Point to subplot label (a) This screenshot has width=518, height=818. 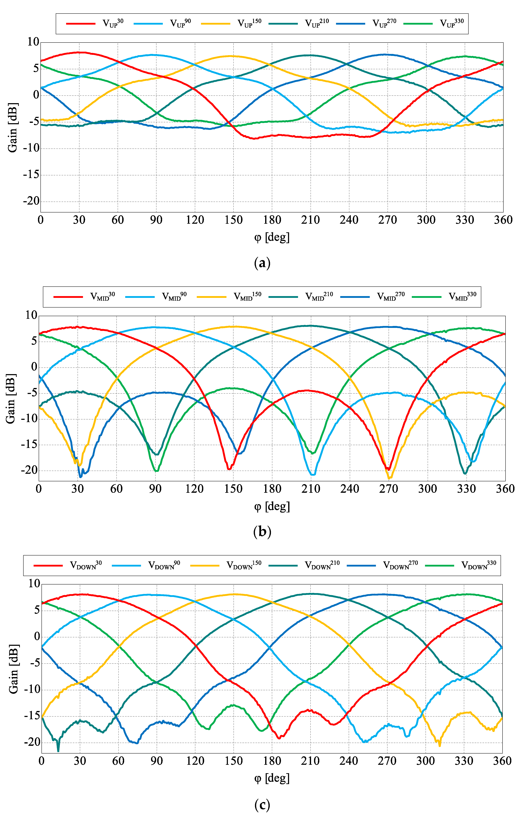click(x=262, y=263)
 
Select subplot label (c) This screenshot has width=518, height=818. click(x=262, y=805)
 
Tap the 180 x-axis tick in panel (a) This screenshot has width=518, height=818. click(x=272, y=220)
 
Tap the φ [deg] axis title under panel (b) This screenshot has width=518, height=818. click(x=272, y=506)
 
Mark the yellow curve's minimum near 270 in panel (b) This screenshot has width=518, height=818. click(x=389, y=478)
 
